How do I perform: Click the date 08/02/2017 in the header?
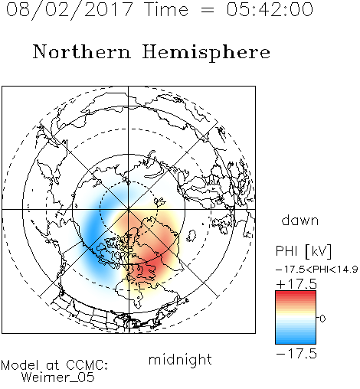coord(69,10)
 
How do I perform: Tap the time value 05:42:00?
coord(270,9)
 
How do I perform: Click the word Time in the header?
coord(166,9)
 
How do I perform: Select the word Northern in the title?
coord(82,52)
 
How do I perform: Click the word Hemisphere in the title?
coord(206,52)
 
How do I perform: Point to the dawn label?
coord(300,220)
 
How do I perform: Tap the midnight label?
coord(180,359)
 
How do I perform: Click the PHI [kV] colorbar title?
coord(303,251)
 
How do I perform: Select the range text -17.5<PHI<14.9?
coord(317,270)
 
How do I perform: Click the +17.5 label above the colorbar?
coord(296,284)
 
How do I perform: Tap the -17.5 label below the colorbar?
coord(296,354)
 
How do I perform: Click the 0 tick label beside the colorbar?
coord(322,319)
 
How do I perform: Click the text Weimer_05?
coord(58,378)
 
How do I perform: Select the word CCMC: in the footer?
coord(87,365)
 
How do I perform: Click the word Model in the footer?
coord(20,365)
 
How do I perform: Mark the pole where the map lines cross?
coord(129,209)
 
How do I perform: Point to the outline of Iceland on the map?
coord(191,236)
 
